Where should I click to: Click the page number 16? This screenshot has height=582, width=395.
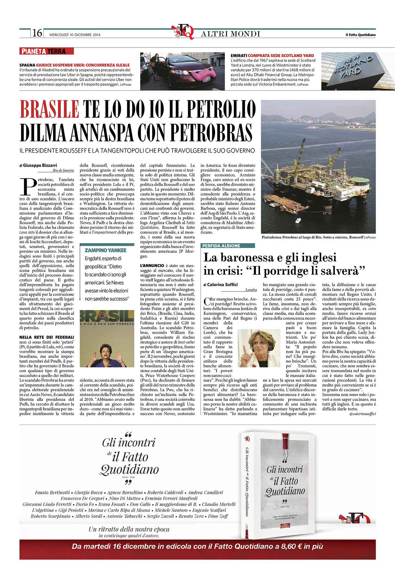37,33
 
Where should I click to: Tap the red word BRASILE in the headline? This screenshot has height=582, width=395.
50,110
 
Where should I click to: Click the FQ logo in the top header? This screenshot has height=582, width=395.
183,32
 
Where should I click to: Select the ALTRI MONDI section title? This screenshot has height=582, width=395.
231,34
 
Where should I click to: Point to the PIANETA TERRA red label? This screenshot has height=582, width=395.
47,51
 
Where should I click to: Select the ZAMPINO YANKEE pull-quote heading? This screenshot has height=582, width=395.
105,250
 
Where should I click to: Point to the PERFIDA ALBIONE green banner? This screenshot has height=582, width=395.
221,246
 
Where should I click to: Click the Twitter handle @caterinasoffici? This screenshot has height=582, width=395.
363,414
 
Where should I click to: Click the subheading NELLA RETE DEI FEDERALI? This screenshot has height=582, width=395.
47,337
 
